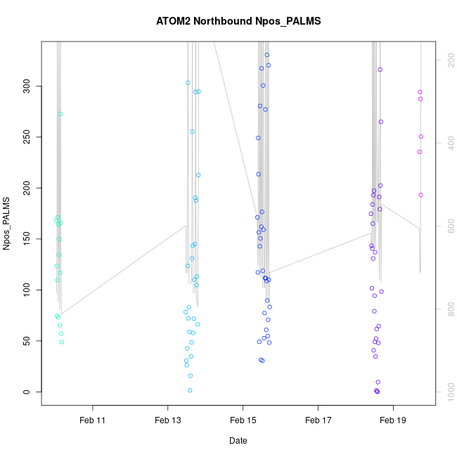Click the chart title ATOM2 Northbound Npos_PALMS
[x=238, y=21]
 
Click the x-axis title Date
[x=238, y=441]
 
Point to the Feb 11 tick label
[x=92, y=420]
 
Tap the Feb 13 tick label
[x=167, y=420]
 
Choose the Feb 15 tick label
[x=243, y=420]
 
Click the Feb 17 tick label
[x=318, y=420]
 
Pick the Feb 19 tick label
[x=393, y=420]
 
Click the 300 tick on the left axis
[x=25, y=86]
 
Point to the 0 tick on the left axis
[x=25, y=392]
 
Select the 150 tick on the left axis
[x=25, y=239]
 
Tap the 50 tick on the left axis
[x=25, y=341]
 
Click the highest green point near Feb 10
[x=60, y=114]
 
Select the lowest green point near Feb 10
[x=62, y=342]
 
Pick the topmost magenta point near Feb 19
[x=420, y=92]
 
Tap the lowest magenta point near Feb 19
[x=421, y=195]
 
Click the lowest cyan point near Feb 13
[x=190, y=390]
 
